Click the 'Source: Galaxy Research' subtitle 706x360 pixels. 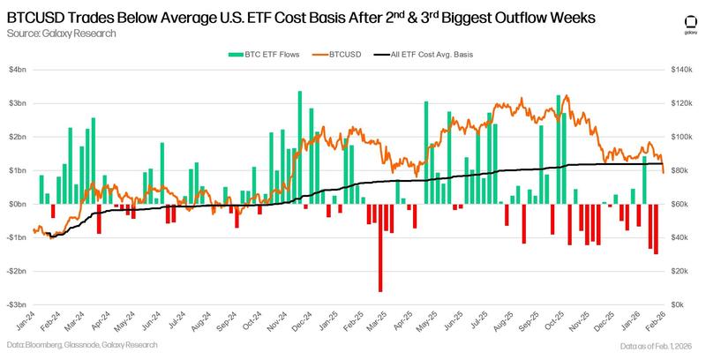tap(61, 34)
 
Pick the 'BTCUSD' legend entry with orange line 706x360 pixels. tap(342, 55)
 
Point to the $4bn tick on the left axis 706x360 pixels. tap(18, 70)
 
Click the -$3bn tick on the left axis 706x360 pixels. tap(17, 304)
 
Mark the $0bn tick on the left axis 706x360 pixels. tap(18, 204)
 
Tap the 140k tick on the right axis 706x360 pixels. tap(684, 70)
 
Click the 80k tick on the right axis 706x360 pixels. tap(682, 170)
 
